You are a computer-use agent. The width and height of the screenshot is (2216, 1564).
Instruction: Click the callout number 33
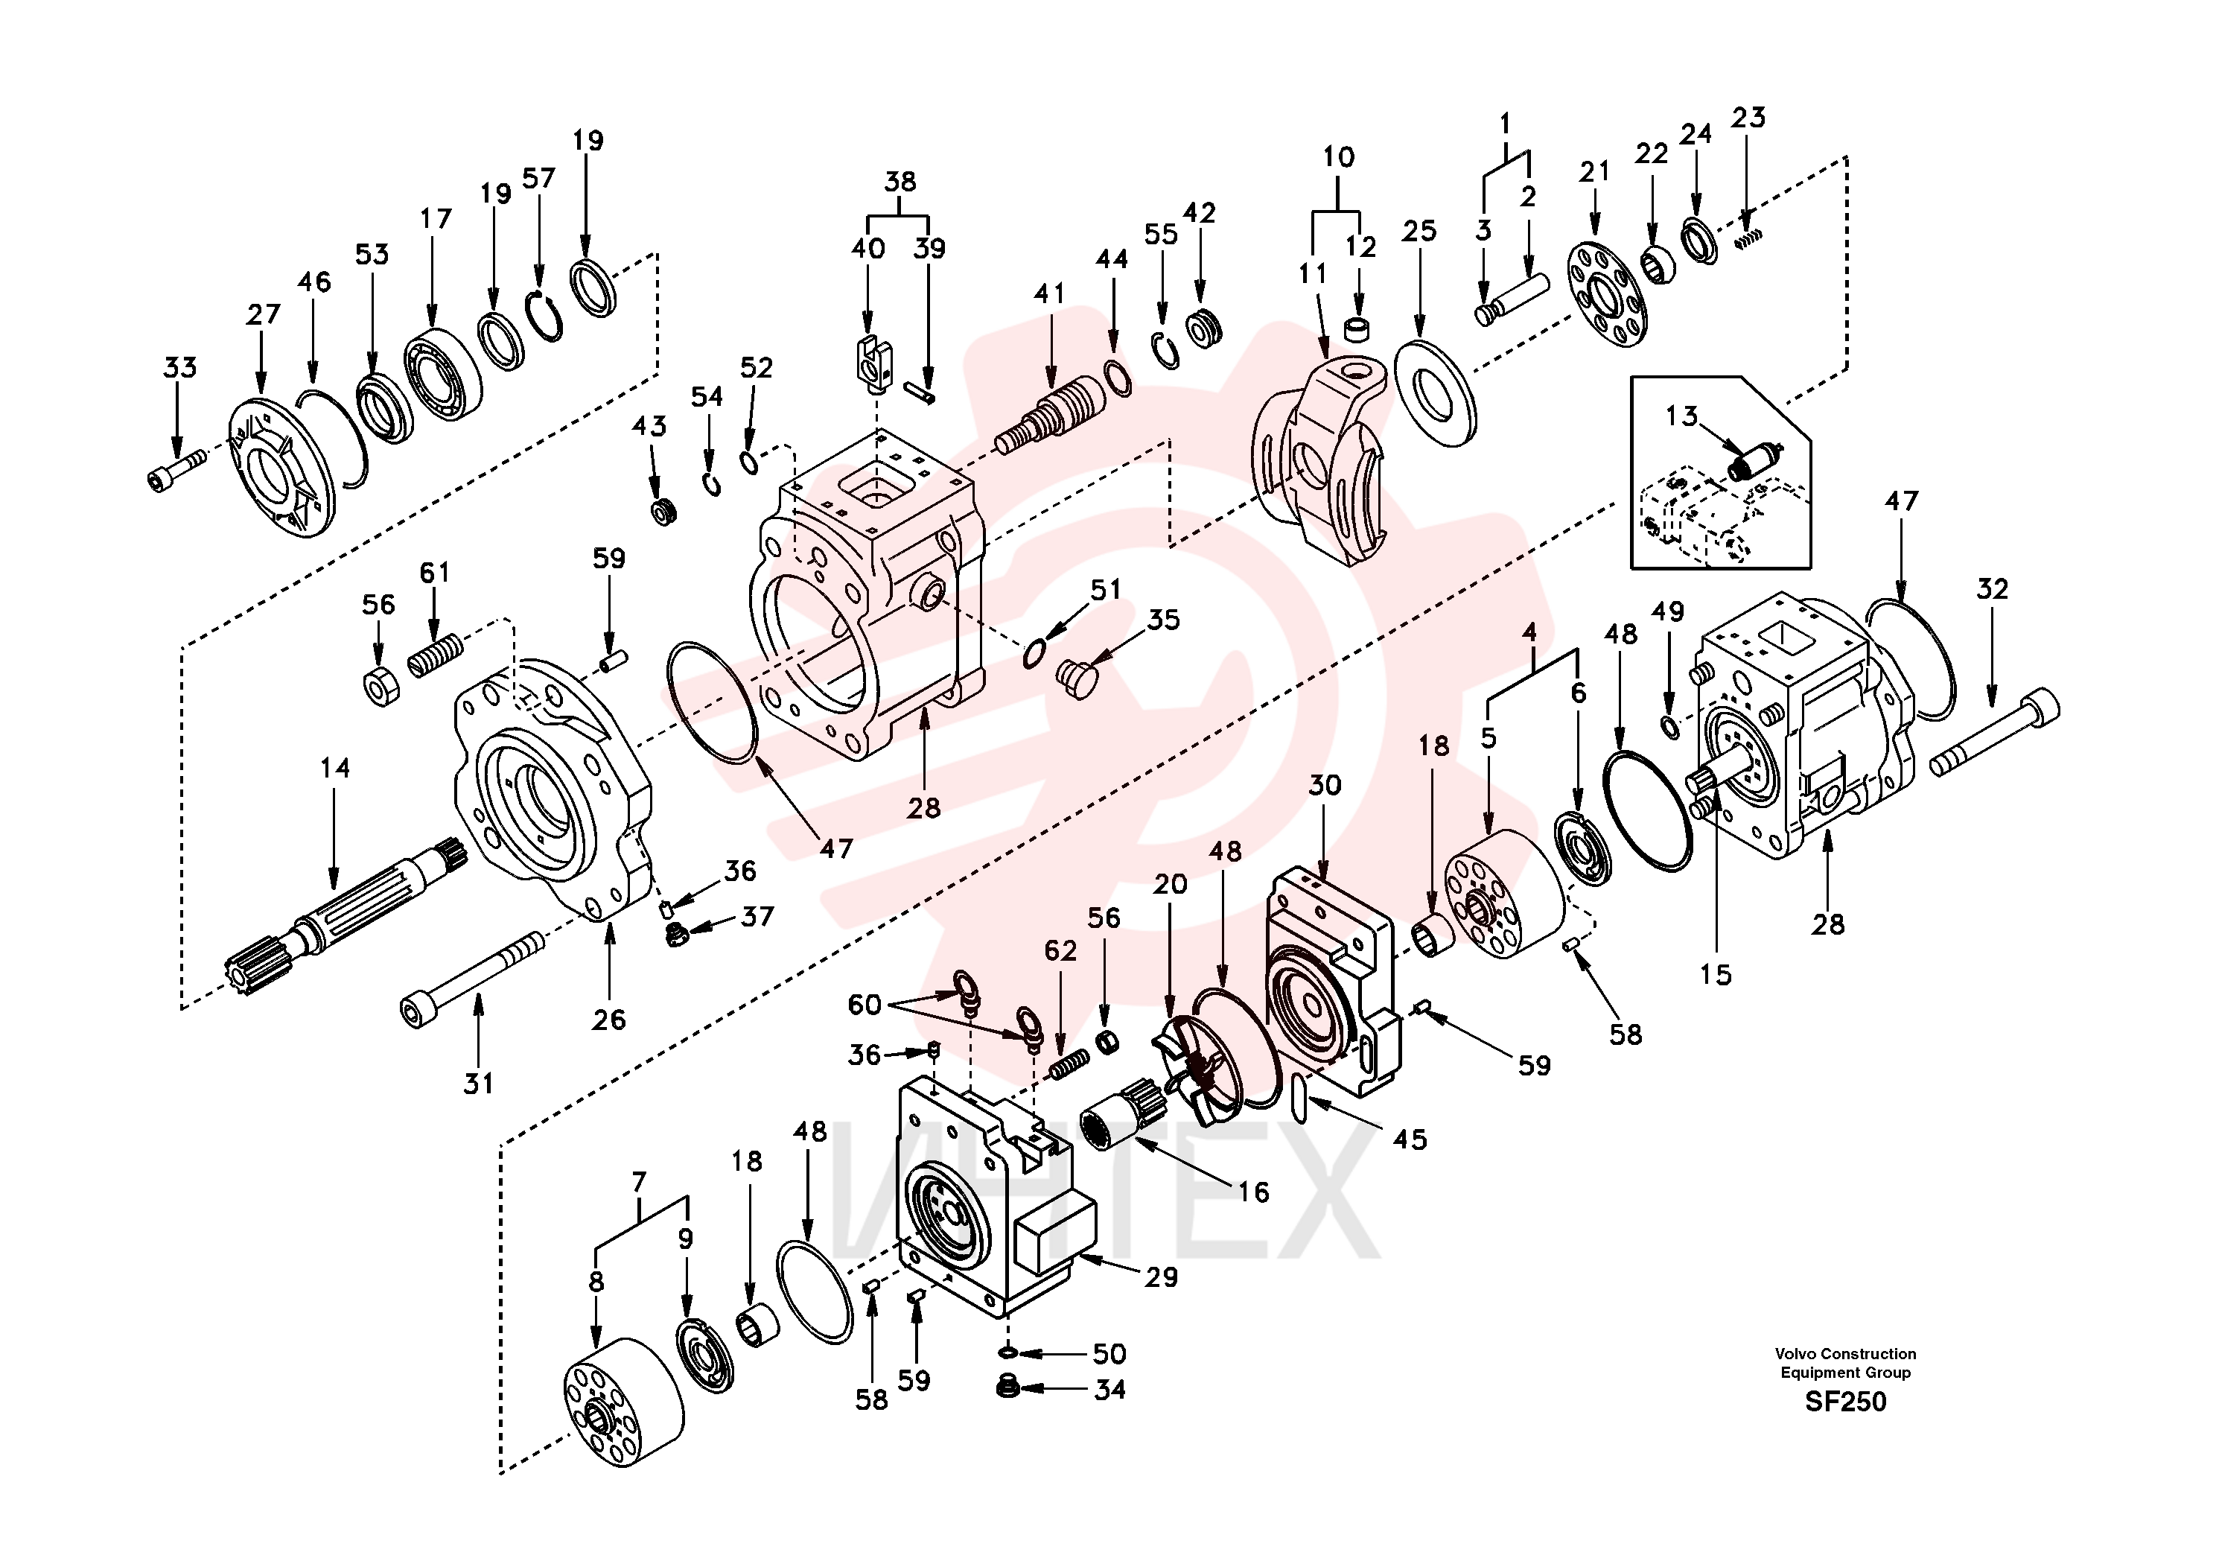point(179,368)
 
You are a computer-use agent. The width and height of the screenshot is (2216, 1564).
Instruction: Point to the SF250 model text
point(1845,1401)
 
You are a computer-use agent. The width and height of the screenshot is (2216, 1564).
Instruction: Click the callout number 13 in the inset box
point(1681,416)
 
